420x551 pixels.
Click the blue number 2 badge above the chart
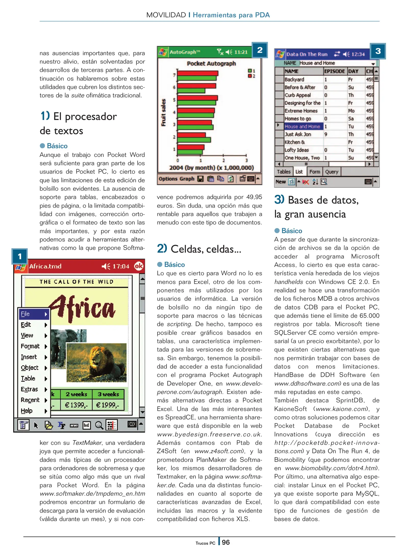point(260,50)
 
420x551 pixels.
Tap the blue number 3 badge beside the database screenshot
point(378,51)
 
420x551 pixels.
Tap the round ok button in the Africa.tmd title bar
point(138,266)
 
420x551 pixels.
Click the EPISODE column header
point(335,71)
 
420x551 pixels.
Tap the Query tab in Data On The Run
point(332,172)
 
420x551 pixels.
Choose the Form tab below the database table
point(315,172)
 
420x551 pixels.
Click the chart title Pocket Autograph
point(211,64)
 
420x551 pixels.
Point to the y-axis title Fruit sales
point(163,112)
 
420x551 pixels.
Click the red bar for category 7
point(198,73)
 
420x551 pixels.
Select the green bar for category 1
point(190,152)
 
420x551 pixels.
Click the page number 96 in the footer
point(226,542)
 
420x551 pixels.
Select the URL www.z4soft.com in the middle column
point(218,451)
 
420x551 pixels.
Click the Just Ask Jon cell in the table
point(298,134)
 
